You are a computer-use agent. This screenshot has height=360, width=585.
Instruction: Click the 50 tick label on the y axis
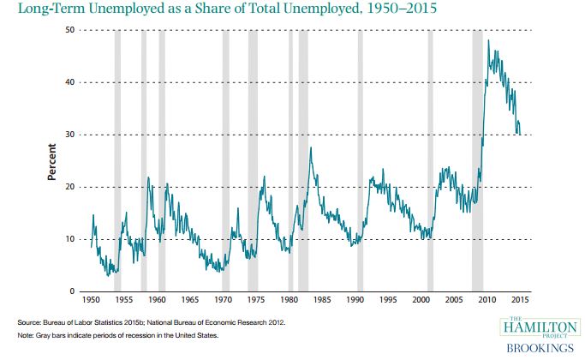69,30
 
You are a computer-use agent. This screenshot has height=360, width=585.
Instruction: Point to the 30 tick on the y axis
69,135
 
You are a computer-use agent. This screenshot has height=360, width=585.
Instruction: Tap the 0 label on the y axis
72,291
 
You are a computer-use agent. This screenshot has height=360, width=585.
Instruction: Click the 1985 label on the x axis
322,301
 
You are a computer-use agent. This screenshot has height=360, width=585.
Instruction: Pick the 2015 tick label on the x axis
519,301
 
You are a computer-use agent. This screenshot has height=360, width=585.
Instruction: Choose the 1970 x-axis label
224,301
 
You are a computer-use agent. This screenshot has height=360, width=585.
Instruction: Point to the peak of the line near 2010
488,40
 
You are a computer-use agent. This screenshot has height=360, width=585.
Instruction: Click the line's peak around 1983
310,148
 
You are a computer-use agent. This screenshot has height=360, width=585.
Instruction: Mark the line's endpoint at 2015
519,134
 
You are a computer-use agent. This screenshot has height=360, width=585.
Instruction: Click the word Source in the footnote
29,321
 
